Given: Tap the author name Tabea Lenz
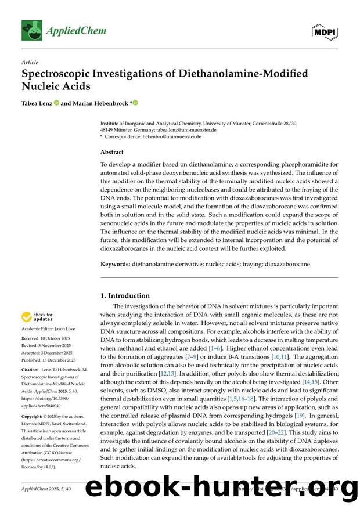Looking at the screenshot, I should click(x=36, y=103).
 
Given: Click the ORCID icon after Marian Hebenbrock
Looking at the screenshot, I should click(x=135, y=103).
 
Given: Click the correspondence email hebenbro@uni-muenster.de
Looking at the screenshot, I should click(x=172, y=137).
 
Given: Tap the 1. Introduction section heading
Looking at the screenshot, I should click(x=125, y=295).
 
